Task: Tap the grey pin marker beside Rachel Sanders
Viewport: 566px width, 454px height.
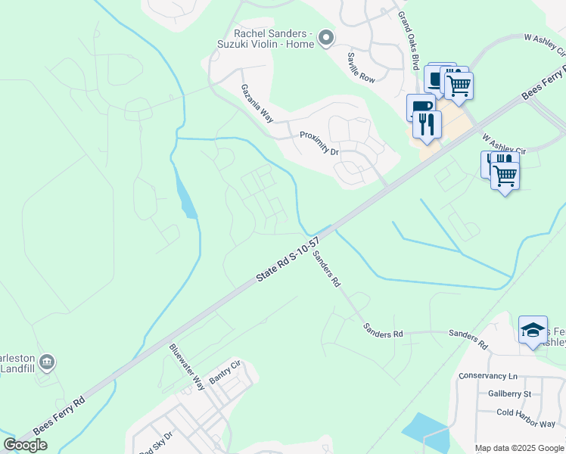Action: point(326,37)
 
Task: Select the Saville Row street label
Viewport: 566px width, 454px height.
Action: point(361,67)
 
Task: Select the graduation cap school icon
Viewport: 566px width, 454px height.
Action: point(533,329)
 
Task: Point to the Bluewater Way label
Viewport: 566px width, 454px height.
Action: point(187,367)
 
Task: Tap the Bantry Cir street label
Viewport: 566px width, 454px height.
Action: point(224,372)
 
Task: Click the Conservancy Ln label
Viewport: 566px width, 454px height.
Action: point(487,376)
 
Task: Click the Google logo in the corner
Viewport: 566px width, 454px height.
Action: point(25,445)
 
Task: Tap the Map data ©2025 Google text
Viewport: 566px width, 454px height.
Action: point(519,448)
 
